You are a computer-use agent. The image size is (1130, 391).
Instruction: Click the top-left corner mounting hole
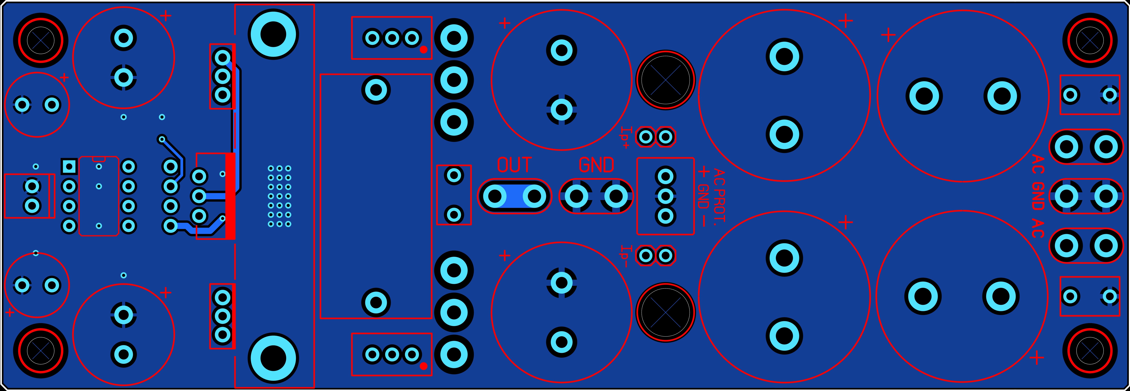(x=40, y=40)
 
